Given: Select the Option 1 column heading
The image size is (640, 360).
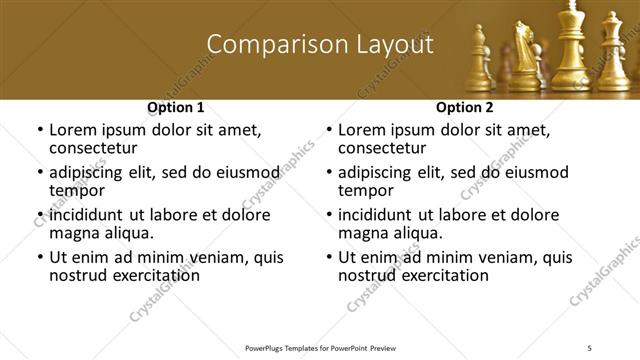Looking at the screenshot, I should pos(176,106).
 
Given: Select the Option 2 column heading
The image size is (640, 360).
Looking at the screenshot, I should pos(465,106).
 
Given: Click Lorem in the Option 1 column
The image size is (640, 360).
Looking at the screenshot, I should pos(72,130).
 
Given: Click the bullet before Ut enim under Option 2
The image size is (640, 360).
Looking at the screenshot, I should pos(329,257).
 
